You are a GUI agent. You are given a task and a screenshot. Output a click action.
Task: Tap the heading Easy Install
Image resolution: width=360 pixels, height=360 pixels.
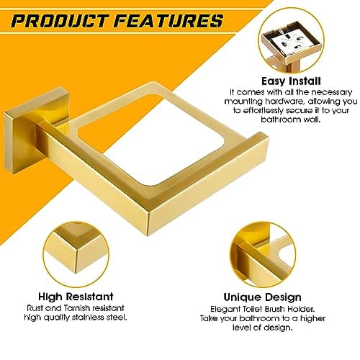292,81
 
